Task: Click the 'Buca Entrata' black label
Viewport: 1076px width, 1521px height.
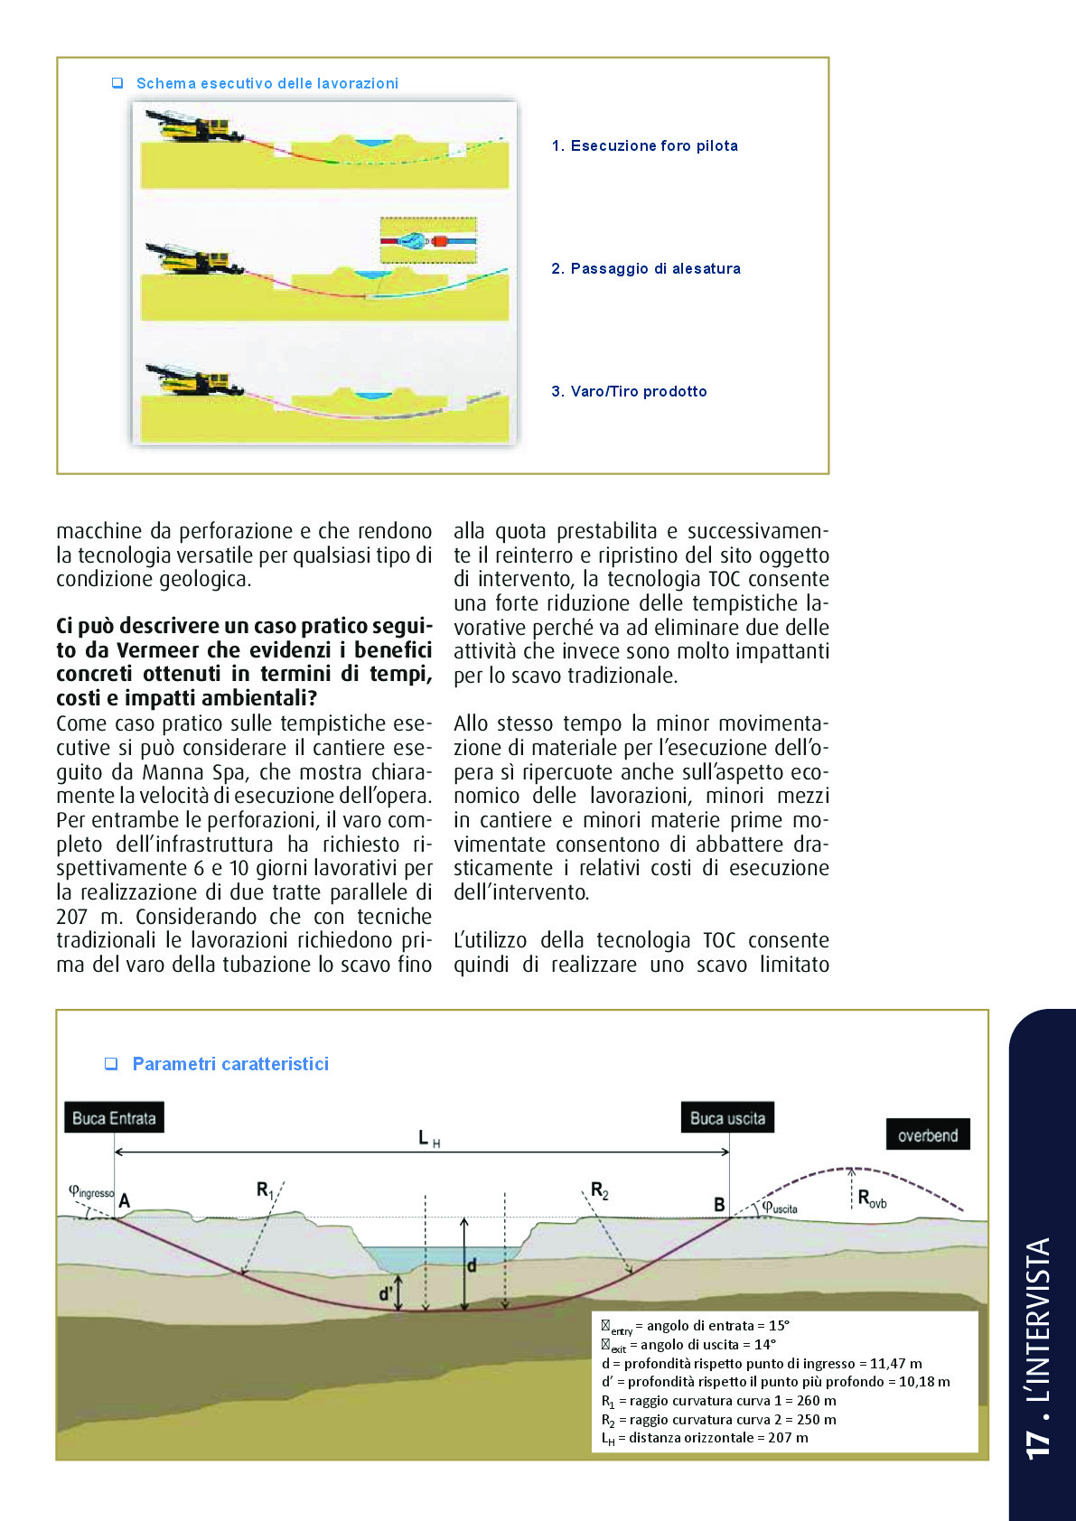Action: tap(114, 1118)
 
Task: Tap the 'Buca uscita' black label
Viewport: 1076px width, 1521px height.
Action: tap(727, 1118)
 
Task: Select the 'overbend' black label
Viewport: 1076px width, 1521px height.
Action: tap(928, 1135)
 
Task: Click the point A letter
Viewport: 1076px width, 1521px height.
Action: tap(125, 1200)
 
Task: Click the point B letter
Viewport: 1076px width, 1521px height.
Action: tap(719, 1204)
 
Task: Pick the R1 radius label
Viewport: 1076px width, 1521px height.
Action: tap(265, 1190)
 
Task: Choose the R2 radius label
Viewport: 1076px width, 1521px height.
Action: tap(599, 1190)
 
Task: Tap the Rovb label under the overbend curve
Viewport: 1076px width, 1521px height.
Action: tap(872, 1199)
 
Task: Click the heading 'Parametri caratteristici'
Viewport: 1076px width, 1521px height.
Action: tap(230, 1064)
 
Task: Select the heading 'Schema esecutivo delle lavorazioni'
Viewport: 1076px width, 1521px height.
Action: tap(267, 83)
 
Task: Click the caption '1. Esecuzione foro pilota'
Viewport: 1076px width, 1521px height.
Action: tap(644, 145)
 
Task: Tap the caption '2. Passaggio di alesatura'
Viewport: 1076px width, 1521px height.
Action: tap(646, 268)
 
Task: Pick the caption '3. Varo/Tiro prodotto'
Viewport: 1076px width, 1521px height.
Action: tap(629, 391)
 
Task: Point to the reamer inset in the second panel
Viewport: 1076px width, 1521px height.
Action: tap(428, 241)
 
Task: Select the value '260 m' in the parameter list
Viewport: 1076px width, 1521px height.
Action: tap(816, 1401)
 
